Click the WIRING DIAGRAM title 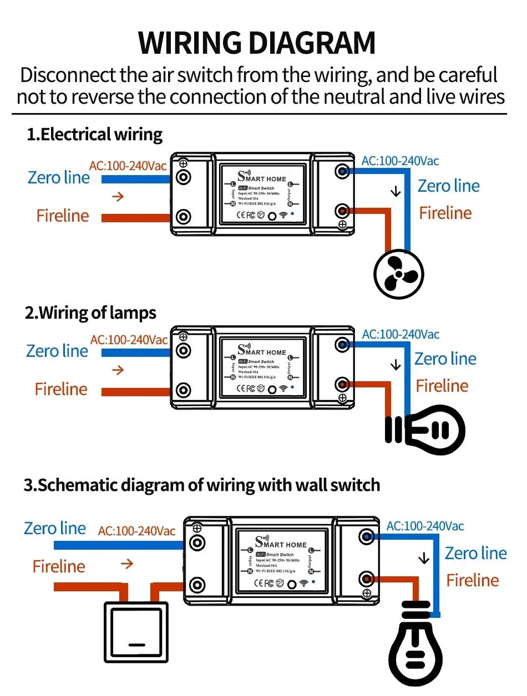[x=257, y=43]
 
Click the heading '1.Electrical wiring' [x=94, y=134]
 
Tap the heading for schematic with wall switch [x=201, y=485]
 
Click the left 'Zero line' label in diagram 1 [x=58, y=177]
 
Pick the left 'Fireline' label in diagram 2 [x=61, y=389]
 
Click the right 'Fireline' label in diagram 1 [x=445, y=213]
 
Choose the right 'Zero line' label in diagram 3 [x=475, y=553]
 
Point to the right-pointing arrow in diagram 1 [x=117, y=196]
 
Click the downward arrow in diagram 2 [x=396, y=365]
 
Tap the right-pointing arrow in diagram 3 [x=127, y=564]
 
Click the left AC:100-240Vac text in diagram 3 [x=136, y=531]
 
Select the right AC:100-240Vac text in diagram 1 [x=400, y=161]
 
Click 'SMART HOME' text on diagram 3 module [x=281, y=544]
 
